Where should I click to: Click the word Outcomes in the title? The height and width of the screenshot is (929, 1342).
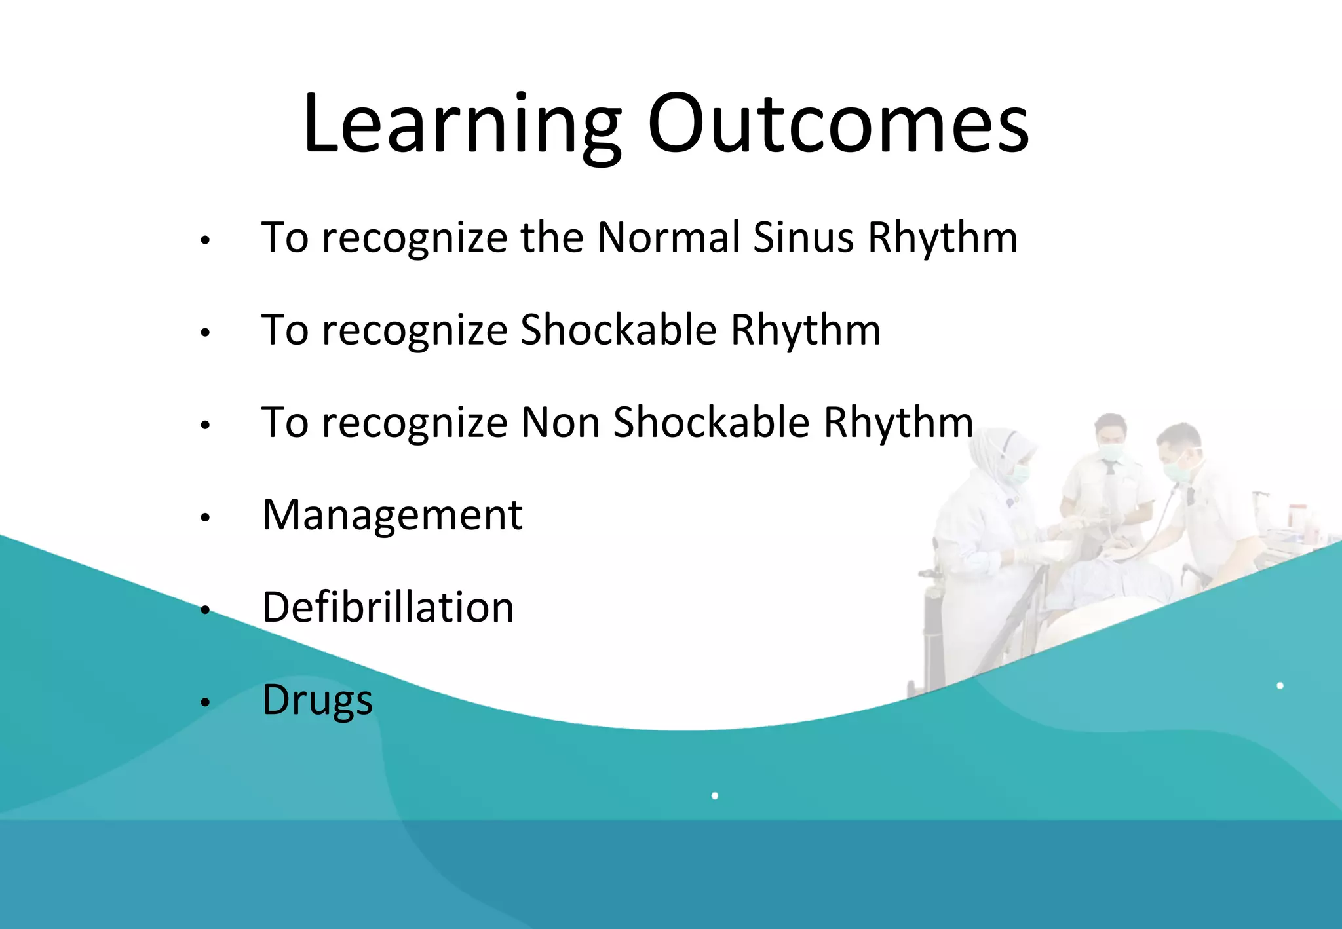[838, 124]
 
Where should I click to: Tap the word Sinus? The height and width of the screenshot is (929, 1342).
[803, 237]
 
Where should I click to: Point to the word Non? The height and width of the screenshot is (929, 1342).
[560, 423]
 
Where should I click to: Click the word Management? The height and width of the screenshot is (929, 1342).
[392, 516]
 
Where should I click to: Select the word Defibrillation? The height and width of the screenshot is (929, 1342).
[388, 607]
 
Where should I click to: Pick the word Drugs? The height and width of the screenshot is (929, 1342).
[317, 700]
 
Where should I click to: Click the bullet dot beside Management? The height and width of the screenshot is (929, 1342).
[205, 518]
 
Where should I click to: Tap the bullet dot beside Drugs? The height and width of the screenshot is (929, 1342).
[205, 703]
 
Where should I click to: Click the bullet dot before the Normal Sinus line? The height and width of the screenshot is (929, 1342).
[205, 240]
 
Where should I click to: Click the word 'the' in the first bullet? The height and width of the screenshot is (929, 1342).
[551, 237]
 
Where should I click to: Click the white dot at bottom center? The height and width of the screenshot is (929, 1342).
[715, 795]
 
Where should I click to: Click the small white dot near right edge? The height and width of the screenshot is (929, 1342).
[1280, 685]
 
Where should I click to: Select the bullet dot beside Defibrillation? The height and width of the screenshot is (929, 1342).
[205, 611]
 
